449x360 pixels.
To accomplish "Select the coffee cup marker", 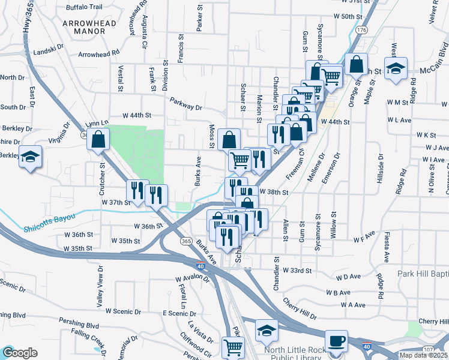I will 337,341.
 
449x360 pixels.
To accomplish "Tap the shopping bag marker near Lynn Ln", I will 97,140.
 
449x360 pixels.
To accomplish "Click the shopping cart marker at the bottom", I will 233,347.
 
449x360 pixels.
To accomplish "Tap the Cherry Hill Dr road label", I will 299,310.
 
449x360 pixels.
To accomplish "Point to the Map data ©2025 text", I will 423,355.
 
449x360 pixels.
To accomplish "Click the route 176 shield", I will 361,29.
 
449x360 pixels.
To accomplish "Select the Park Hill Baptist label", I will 423,274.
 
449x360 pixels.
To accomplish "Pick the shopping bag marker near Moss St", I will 229,140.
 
